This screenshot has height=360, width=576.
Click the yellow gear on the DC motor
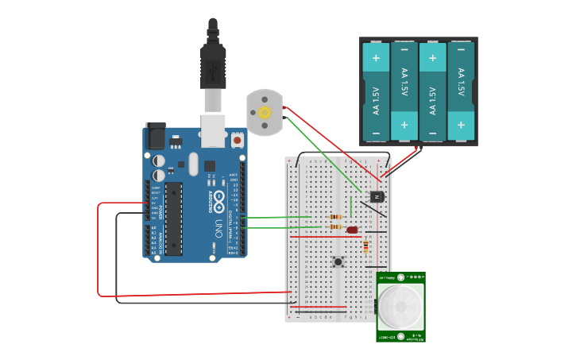click(x=265, y=113)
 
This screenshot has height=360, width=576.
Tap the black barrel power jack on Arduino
click(x=156, y=137)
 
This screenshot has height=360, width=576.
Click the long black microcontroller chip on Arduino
click(x=173, y=219)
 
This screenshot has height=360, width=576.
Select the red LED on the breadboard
click(x=352, y=230)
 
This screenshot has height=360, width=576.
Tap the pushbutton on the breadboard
click(x=338, y=261)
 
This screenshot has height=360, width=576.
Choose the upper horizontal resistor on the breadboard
click(x=336, y=217)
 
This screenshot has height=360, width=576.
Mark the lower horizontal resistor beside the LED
click(x=336, y=227)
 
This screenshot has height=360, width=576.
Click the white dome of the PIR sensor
click(x=400, y=306)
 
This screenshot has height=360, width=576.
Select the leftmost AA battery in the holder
click(x=376, y=91)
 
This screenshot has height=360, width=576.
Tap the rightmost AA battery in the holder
click(x=461, y=91)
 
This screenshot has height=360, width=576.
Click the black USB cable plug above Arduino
click(x=213, y=64)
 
